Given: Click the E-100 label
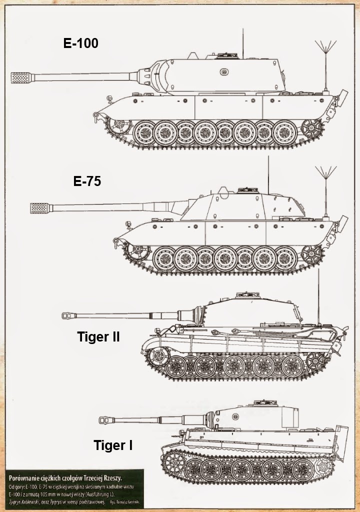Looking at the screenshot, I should [81, 43].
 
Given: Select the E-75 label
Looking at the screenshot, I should [87, 181].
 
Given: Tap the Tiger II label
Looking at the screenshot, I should [98, 336].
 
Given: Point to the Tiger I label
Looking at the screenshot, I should [113, 445].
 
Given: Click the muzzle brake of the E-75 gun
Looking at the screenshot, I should [40, 207].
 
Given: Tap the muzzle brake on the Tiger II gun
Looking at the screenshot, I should [68, 315].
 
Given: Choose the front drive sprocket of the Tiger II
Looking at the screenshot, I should [158, 356].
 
